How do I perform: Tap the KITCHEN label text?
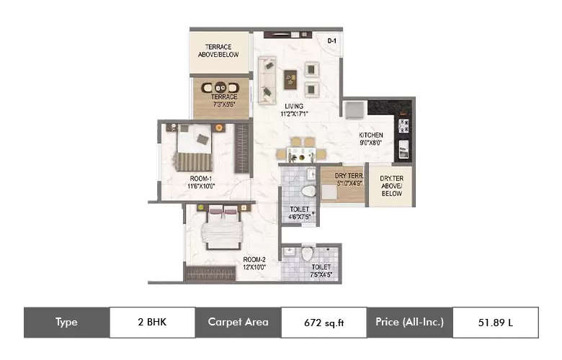tap(371, 135)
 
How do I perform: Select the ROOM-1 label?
tap(200, 178)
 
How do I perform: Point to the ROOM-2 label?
tap(254, 258)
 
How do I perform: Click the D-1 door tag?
tap(331, 42)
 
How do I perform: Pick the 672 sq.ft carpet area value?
tap(323, 323)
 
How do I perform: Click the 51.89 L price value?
tap(495, 323)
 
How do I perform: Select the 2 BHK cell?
tap(152, 323)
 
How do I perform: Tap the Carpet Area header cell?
tap(238, 323)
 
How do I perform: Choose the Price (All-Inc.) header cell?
tap(409, 323)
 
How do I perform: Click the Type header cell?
tap(66, 323)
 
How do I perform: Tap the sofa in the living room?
tap(267, 79)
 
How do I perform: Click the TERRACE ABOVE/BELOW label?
tap(218, 50)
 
